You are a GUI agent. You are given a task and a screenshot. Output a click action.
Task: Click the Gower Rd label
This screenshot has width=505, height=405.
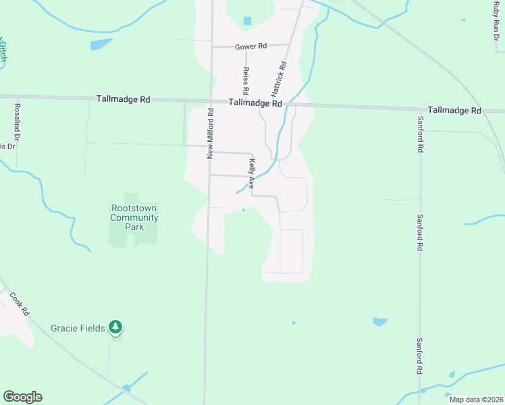(251, 47)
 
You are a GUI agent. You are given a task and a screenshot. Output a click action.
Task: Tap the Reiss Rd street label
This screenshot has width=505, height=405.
(246, 81)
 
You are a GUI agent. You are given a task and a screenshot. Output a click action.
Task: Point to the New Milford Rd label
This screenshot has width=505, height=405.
(211, 134)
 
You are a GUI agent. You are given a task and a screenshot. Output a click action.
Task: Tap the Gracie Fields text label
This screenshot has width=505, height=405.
(78, 328)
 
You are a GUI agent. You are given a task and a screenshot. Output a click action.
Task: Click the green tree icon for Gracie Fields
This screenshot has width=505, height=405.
(116, 327)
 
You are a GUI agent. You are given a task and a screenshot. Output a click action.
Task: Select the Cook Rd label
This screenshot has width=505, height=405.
(20, 304)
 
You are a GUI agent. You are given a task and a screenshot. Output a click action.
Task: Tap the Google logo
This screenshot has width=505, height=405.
(22, 397)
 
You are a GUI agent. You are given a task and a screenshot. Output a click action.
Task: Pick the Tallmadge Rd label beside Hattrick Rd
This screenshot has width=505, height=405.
(255, 103)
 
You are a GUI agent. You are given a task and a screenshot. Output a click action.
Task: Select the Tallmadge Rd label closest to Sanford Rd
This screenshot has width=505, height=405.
(454, 109)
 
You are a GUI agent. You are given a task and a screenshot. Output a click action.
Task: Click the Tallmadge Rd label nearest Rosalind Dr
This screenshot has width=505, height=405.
(123, 99)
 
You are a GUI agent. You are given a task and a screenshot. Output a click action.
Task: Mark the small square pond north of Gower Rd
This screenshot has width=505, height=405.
(247, 21)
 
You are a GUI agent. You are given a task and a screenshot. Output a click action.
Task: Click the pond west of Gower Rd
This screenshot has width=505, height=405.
(101, 45)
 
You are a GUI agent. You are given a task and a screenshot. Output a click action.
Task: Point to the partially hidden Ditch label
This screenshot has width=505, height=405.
(3, 51)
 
